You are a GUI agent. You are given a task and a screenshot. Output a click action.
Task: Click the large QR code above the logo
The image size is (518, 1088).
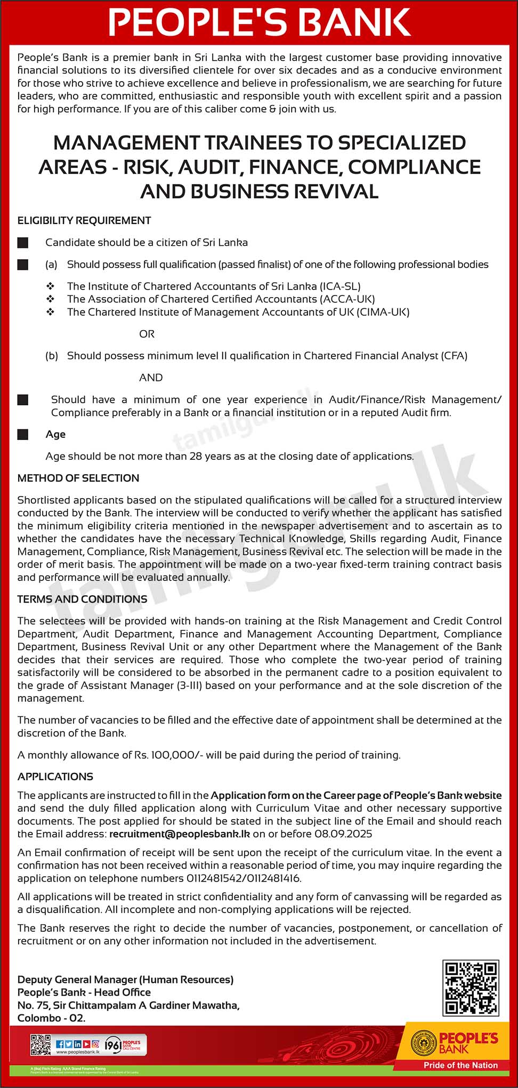(471, 987)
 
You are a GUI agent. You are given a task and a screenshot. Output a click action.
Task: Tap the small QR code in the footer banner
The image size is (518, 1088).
(41, 1045)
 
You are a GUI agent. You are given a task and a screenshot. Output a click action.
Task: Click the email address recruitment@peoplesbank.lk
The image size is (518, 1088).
(179, 834)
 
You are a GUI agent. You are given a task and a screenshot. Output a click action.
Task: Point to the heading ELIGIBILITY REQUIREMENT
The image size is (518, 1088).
(84, 220)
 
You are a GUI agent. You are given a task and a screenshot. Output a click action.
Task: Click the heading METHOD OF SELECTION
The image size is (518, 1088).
(78, 478)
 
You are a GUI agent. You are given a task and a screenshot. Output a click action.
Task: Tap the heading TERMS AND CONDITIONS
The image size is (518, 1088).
(82, 599)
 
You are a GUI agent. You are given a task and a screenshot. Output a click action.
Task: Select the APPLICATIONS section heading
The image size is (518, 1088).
(55, 777)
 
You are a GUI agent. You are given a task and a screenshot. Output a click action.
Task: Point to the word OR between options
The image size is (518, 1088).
(147, 334)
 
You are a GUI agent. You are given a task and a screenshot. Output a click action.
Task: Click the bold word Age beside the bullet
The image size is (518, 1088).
(55, 434)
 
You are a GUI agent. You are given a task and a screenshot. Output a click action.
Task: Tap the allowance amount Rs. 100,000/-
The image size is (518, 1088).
(168, 755)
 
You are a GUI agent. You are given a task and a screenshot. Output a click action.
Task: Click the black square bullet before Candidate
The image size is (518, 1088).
(23, 243)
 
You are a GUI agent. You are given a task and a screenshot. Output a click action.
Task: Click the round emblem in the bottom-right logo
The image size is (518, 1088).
(423, 1043)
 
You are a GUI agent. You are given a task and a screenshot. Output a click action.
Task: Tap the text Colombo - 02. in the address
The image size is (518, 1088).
(51, 1018)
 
